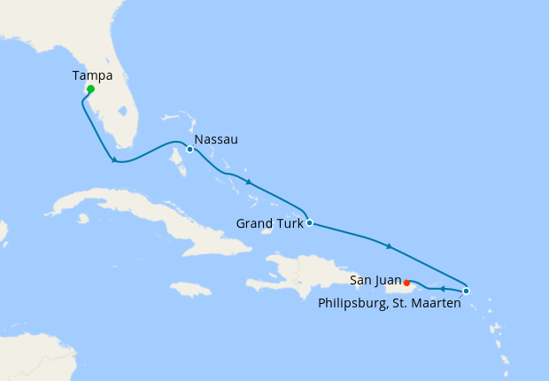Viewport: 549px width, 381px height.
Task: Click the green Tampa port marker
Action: (x=91, y=89)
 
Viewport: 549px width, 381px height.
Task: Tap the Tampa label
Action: (x=93, y=76)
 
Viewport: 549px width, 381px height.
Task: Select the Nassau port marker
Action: (x=190, y=149)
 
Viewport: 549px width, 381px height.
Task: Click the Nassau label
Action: (x=215, y=140)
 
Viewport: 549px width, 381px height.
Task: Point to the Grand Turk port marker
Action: (x=308, y=222)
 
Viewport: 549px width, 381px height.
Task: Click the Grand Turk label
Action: (x=269, y=223)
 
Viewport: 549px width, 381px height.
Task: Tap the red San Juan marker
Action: (x=406, y=284)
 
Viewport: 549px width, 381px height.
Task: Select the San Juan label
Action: (x=375, y=280)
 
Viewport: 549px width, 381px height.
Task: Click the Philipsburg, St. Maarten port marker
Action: (x=467, y=291)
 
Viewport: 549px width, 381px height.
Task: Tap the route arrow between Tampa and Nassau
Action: (x=113, y=159)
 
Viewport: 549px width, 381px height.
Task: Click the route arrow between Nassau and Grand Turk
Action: (x=249, y=183)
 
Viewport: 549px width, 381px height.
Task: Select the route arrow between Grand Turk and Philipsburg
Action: (x=388, y=245)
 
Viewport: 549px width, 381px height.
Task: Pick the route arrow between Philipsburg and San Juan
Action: (x=441, y=289)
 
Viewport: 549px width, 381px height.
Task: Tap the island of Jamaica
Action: (x=190, y=289)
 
